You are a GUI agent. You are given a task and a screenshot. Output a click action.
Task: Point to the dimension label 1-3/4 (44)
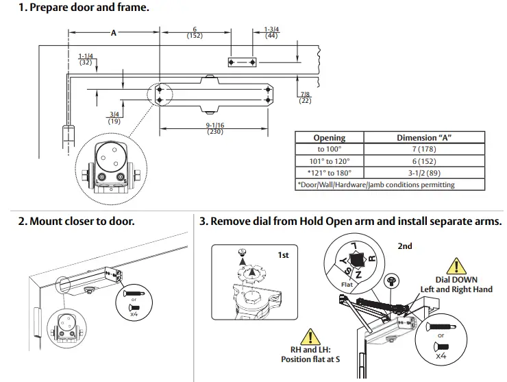coord(271,32)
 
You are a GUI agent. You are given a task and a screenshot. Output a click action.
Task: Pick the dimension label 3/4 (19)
coord(114,117)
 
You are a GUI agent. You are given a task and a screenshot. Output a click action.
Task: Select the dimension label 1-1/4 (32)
coord(86,59)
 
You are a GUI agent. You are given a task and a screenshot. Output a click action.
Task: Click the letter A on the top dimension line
coord(114,33)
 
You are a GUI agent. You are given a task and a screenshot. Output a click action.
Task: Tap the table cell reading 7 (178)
coord(424,149)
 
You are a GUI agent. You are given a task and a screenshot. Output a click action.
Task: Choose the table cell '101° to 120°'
coord(330,161)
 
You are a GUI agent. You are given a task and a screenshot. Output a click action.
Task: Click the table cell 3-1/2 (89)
coord(424,173)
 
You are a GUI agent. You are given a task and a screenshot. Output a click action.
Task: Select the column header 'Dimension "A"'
coord(424,137)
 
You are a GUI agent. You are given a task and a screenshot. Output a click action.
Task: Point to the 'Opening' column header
coord(330,137)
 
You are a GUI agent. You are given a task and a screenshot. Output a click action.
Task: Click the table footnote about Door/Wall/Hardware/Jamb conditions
coord(375,184)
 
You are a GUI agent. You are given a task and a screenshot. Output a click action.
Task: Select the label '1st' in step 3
coord(283,254)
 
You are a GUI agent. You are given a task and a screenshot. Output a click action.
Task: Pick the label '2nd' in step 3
coord(405,246)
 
